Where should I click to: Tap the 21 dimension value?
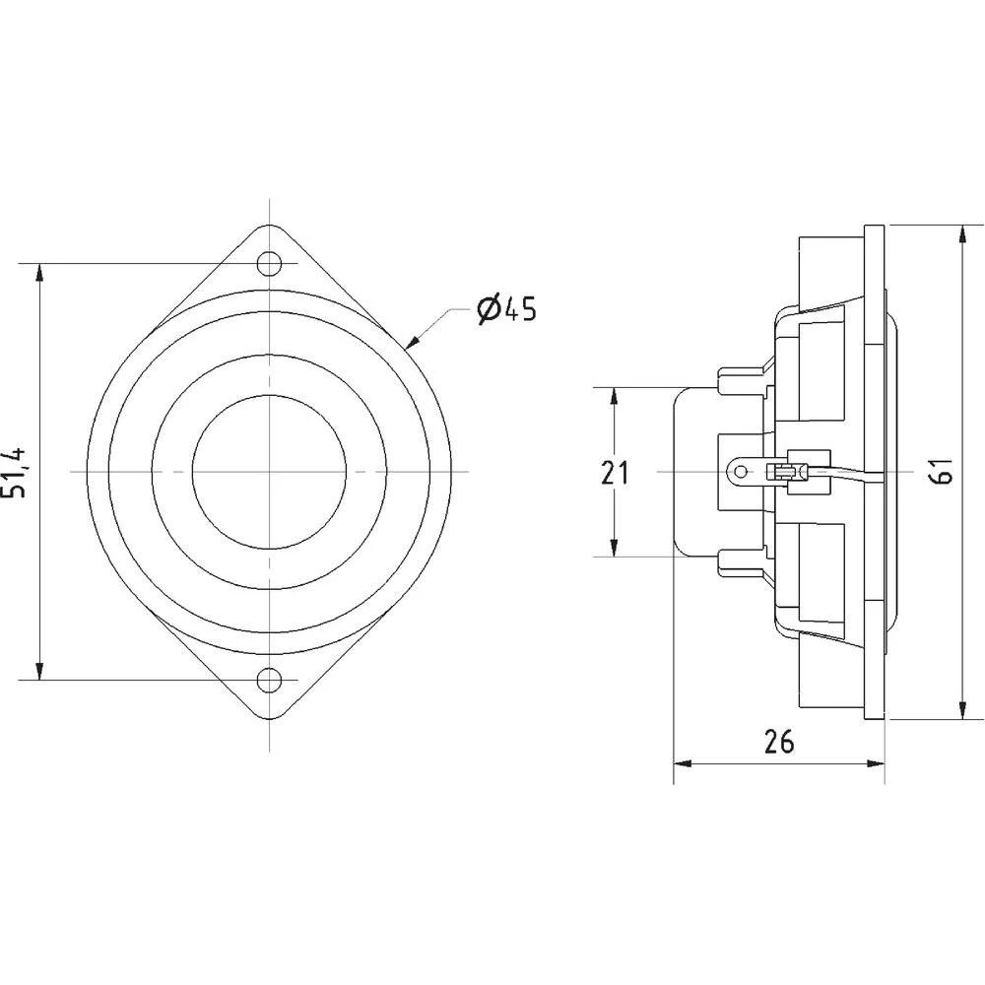[616, 474]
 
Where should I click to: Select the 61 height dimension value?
[944, 473]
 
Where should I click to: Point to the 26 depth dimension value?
[779, 742]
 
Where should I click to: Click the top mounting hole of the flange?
[268, 263]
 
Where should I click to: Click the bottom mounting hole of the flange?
[268, 680]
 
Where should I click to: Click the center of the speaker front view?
[268, 472]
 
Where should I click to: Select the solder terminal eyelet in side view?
[736, 472]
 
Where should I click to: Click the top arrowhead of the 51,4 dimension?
[39, 272]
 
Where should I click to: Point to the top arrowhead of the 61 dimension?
[961, 234]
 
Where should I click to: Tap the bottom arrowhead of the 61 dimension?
[961, 713]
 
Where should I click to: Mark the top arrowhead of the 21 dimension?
[614, 395]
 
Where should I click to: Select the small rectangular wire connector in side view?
[787, 472]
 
